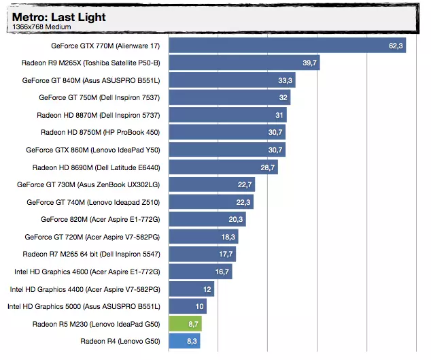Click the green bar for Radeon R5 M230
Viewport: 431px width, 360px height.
pos(185,324)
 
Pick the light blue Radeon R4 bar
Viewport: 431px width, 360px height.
pos(184,341)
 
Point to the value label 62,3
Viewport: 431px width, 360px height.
pos(396,46)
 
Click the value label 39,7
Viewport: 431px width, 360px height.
pos(310,63)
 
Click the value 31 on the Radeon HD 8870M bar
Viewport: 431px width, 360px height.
pos(279,115)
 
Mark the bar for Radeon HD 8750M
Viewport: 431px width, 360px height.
pos(227,133)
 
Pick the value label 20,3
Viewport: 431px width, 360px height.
pos(236,219)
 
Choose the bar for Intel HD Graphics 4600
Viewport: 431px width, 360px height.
pos(201,272)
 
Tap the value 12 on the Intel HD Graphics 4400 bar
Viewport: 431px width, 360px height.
pos(207,289)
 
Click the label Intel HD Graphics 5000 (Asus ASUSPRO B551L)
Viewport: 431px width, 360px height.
pos(84,306)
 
